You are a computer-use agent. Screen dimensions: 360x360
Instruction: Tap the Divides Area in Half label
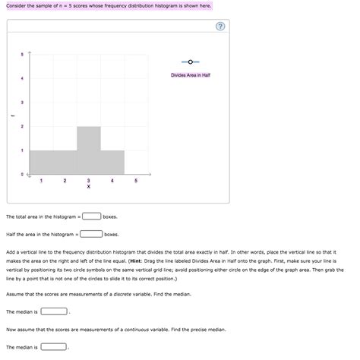[x=190, y=74]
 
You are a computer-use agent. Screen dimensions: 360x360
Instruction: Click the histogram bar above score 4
[x=112, y=162]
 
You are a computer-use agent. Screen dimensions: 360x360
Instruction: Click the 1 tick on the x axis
[x=41, y=180]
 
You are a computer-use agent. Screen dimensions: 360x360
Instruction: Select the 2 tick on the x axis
[x=65, y=180]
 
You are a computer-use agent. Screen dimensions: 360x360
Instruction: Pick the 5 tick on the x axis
[x=136, y=180]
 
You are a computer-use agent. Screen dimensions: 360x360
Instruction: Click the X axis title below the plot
[x=89, y=186]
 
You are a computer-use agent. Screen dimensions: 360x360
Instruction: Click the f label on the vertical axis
[x=11, y=115]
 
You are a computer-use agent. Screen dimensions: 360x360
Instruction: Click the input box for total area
[x=92, y=217]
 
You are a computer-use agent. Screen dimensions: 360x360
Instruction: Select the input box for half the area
[x=92, y=235]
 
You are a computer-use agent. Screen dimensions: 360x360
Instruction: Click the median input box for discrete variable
[x=54, y=311]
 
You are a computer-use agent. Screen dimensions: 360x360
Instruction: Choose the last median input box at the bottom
[x=54, y=346]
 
